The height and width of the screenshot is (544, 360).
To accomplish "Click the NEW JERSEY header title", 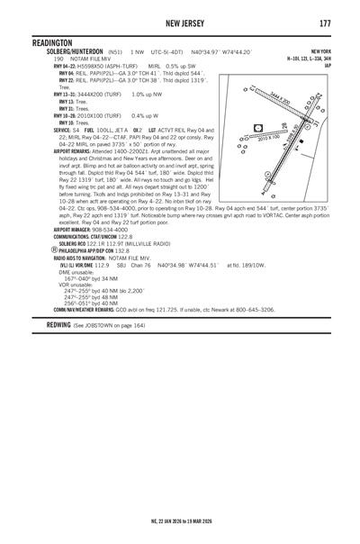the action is click(x=180, y=22).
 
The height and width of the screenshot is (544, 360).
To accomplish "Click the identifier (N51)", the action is click(x=114, y=52).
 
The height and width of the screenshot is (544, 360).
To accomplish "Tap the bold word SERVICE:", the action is click(x=39, y=131).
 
